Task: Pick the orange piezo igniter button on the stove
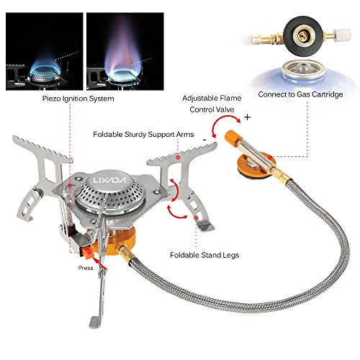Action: pos(89,251)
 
